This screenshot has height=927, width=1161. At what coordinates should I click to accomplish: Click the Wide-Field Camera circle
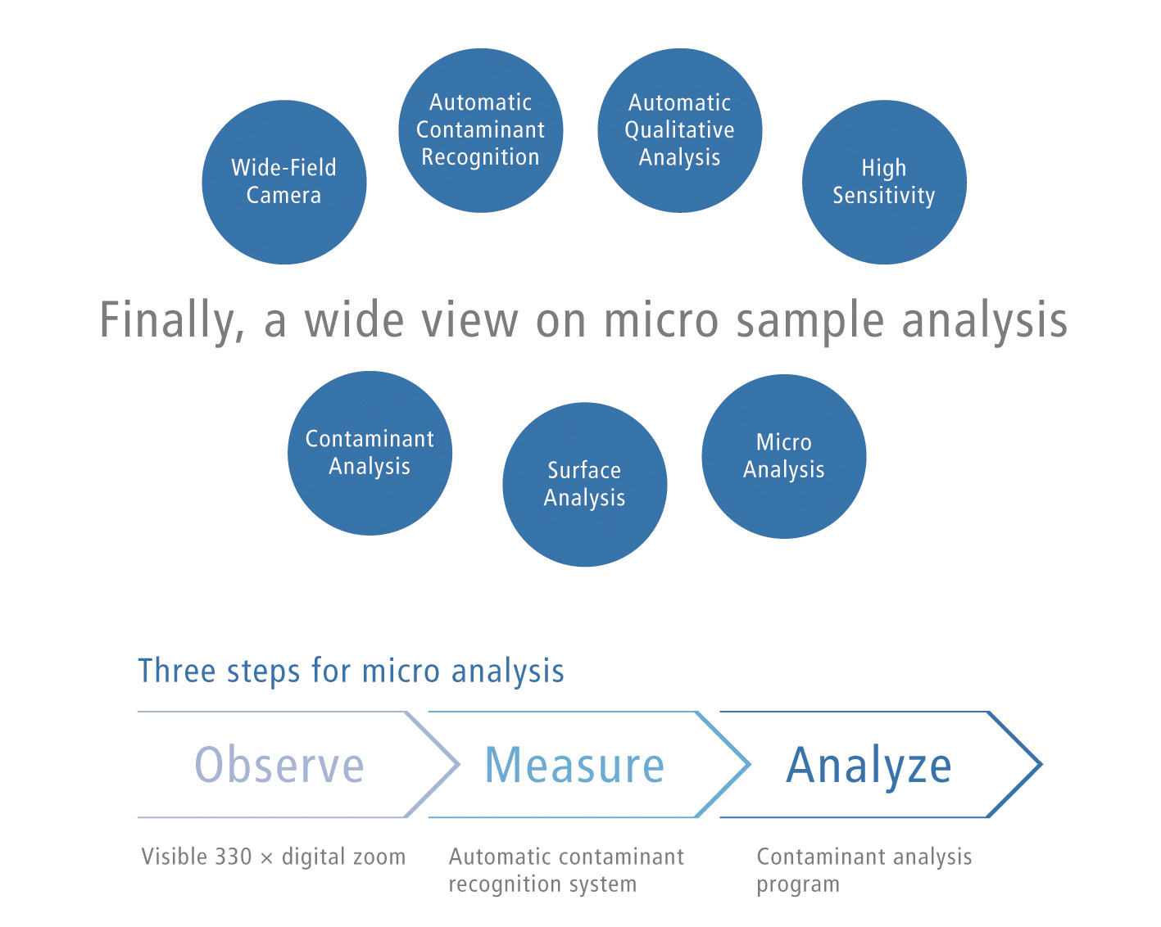point(283,183)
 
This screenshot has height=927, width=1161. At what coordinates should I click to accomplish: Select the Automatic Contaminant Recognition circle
point(481,130)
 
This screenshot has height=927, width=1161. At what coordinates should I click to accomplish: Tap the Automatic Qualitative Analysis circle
point(680,130)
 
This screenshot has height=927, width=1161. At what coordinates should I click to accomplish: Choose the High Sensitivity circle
point(884,183)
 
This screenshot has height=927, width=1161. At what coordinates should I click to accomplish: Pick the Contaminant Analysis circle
point(370,453)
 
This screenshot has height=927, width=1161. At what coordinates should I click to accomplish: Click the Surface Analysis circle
point(585,484)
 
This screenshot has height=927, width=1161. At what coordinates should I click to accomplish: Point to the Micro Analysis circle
point(784,456)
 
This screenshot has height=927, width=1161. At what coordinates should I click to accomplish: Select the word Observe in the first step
point(279,765)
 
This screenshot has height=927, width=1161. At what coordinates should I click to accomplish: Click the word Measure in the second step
point(574,765)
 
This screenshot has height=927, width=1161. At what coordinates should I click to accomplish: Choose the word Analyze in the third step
point(868,766)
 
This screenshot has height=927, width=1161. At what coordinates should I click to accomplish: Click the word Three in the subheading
point(178,672)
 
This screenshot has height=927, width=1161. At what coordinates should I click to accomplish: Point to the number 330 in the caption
point(233,857)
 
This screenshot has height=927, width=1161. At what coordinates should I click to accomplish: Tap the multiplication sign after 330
point(266,858)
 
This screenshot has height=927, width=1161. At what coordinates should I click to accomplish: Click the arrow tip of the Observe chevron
point(459,764)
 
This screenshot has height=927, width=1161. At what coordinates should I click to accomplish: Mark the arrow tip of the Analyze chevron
point(1041,764)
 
